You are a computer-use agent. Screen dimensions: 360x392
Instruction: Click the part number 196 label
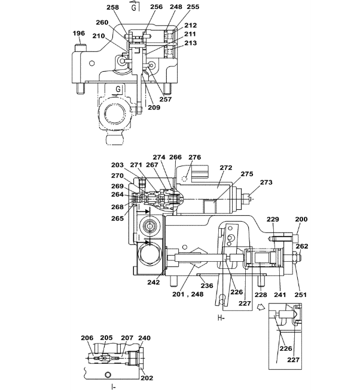tap(79, 33)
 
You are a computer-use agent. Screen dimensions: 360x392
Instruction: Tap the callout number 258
tap(112, 7)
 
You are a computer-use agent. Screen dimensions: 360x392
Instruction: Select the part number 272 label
tap(226, 167)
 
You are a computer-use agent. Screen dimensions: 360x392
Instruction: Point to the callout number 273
tap(266, 182)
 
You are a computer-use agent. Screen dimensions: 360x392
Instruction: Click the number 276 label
tap(194, 157)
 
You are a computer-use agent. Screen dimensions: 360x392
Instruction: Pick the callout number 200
tap(301, 219)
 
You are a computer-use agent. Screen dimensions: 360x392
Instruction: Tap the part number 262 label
tap(302, 246)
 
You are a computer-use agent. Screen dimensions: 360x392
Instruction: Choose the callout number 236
tap(207, 286)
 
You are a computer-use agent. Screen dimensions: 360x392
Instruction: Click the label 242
tap(153, 282)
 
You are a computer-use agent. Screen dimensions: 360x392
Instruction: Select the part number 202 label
tap(147, 378)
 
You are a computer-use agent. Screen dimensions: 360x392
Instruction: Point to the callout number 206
tap(87, 338)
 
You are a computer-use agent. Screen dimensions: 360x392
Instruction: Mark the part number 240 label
tap(144, 338)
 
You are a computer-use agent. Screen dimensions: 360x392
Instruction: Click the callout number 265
tap(117, 219)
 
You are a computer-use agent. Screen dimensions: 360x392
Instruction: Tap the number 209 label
tap(154, 107)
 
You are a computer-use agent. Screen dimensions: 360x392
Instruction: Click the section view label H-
tap(221, 318)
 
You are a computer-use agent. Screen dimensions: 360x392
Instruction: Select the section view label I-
tap(114, 387)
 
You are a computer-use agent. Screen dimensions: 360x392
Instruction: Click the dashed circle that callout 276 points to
tap(185, 179)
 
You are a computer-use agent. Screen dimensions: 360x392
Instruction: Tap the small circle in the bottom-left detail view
tap(108, 375)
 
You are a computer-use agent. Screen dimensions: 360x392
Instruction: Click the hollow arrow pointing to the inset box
tap(261, 307)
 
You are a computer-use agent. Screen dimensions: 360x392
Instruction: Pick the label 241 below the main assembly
tap(280, 295)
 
